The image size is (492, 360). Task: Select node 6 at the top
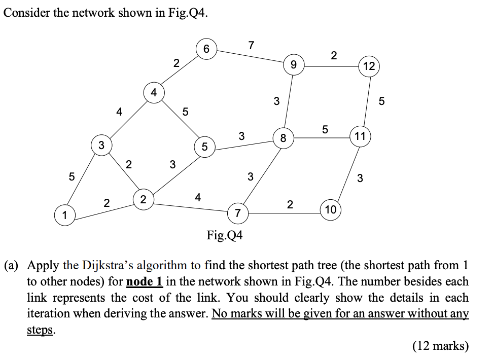coord(205,49)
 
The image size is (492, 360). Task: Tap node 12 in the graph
coord(369,66)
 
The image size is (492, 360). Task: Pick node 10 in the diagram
coord(330,209)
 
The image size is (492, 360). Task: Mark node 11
coord(360,136)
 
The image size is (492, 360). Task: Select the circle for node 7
coord(237,212)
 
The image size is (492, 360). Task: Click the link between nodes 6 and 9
coord(249,57)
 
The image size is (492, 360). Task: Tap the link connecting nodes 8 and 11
coord(322,136)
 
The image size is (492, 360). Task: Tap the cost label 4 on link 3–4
coord(119,112)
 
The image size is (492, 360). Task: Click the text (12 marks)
coord(440,346)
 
